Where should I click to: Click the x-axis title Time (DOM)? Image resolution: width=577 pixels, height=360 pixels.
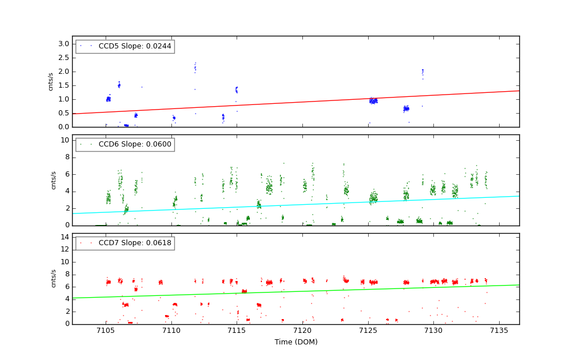coord(296,342)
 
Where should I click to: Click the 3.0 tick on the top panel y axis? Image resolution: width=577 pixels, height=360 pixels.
coord(63,44)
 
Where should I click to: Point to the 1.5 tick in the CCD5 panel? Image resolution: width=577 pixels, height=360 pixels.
coord(63,85)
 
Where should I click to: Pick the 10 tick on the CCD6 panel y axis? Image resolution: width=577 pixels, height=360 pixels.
coord(65,140)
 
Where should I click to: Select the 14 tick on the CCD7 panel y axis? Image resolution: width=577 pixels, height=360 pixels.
coord(65,237)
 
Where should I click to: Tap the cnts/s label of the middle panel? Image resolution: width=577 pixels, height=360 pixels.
coord(53,180)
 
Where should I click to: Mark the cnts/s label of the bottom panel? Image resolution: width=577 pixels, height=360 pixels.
coord(53,278)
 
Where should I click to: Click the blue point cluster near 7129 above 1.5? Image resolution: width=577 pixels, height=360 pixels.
coord(422,72)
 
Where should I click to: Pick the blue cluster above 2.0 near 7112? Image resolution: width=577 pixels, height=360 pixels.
coord(195,67)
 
